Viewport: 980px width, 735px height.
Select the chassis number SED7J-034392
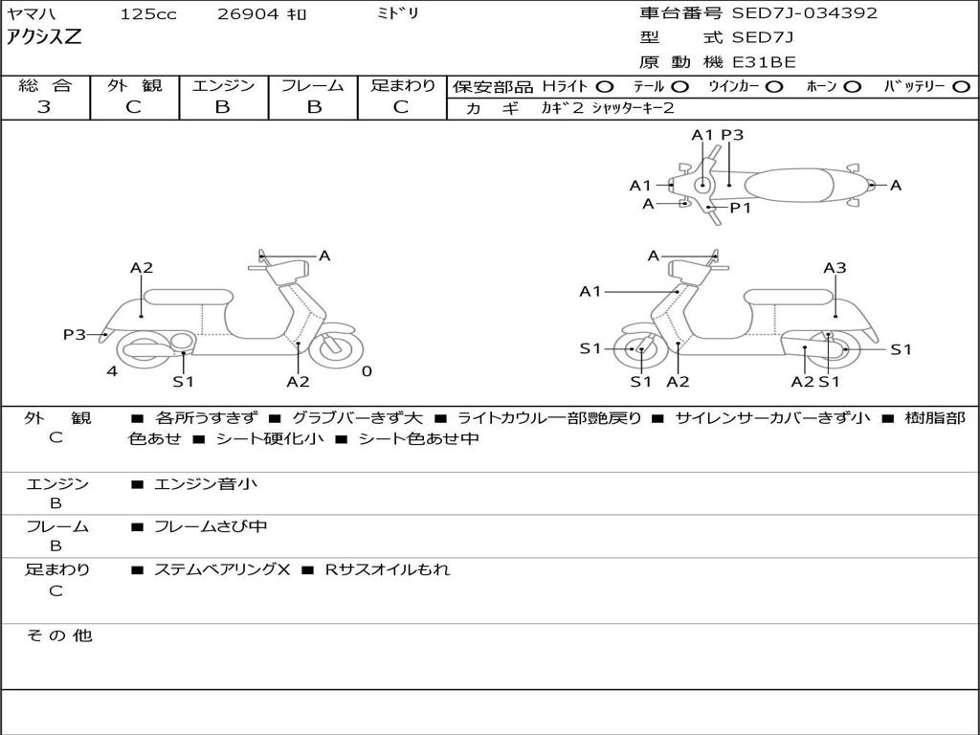pyautogui.click(x=804, y=13)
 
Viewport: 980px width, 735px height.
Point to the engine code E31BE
pyautogui.click(x=764, y=62)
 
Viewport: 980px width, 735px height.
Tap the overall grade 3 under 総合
pyautogui.click(x=44, y=107)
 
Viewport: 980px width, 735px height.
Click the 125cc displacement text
pyautogui.click(x=148, y=14)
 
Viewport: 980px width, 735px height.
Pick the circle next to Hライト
pyautogui.click(x=604, y=87)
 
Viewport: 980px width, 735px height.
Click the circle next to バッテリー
pyautogui.click(x=961, y=87)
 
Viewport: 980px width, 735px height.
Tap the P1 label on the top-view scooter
pyautogui.click(x=741, y=208)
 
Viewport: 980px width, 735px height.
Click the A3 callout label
pyautogui.click(x=835, y=268)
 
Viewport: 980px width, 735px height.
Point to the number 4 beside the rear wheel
pyautogui.click(x=112, y=371)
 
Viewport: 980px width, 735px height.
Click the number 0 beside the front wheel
pyautogui.click(x=367, y=371)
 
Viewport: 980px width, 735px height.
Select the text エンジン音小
pyautogui.click(x=206, y=484)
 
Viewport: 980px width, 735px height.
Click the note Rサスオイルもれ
pyautogui.click(x=387, y=569)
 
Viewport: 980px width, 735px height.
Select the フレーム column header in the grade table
pyautogui.click(x=313, y=85)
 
